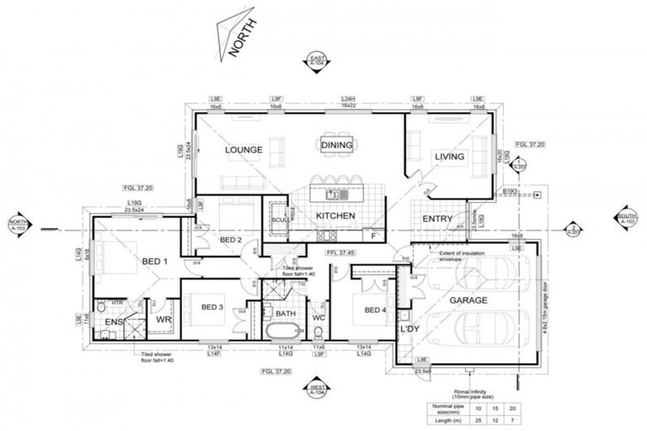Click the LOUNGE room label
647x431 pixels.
point(244,150)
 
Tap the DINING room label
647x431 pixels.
point(336,144)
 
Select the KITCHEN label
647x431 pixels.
point(335,216)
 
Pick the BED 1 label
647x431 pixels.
point(154,262)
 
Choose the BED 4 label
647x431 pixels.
point(376,311)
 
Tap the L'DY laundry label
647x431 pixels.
point(410,327)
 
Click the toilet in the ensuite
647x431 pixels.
point(100,306)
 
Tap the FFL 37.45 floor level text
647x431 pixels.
point(341,250)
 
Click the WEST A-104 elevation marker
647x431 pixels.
point(317,389)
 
